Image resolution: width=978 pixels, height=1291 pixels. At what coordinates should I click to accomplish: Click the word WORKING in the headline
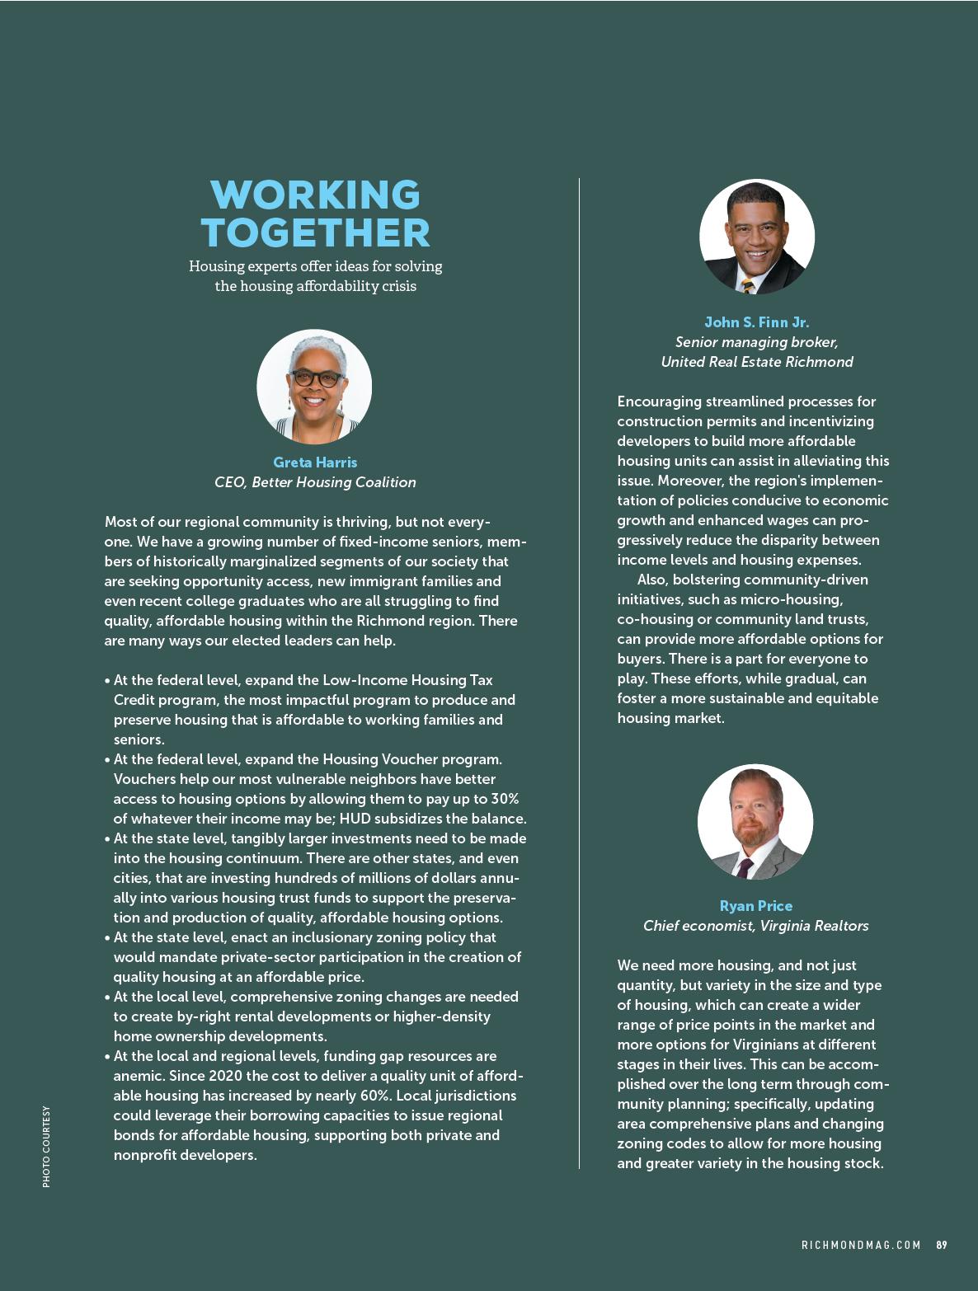[x=315, y=195]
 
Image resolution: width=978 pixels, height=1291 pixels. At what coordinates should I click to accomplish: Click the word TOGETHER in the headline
[x=315, y=232]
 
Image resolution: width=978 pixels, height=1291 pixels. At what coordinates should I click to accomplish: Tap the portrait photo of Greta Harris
[x=314, y=387]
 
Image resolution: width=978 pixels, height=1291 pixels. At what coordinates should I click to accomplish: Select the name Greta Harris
[x=315, y=462]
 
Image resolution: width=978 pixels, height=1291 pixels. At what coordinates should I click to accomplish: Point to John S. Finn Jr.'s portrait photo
[x=756, y=237]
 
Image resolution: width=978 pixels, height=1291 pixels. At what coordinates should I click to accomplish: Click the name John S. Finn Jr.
[x=756, y=322]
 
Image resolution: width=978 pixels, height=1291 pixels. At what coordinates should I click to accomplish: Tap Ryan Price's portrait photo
[x=755, y=822]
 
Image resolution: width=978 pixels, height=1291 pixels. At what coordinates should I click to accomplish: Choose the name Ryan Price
[x=755, y=906]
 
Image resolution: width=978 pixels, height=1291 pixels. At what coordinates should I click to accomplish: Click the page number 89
[x=942, y=1245]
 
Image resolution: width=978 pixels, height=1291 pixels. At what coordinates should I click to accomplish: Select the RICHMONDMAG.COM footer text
[x=861, y=1245]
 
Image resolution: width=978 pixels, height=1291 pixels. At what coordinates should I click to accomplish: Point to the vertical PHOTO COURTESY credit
[x=46, y=1147]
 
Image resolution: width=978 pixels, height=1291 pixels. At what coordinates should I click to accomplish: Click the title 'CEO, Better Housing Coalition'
[x=315, y=482]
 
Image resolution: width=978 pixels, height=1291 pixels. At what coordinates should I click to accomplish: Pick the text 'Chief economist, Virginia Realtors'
[x=755, y=926]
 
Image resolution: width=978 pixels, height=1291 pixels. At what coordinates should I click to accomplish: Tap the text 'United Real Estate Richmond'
[x=756, y=362]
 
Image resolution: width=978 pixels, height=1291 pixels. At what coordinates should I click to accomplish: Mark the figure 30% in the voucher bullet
[x=504, y=799]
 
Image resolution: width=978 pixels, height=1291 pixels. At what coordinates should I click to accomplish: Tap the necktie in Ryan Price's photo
[x=745, y=866]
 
